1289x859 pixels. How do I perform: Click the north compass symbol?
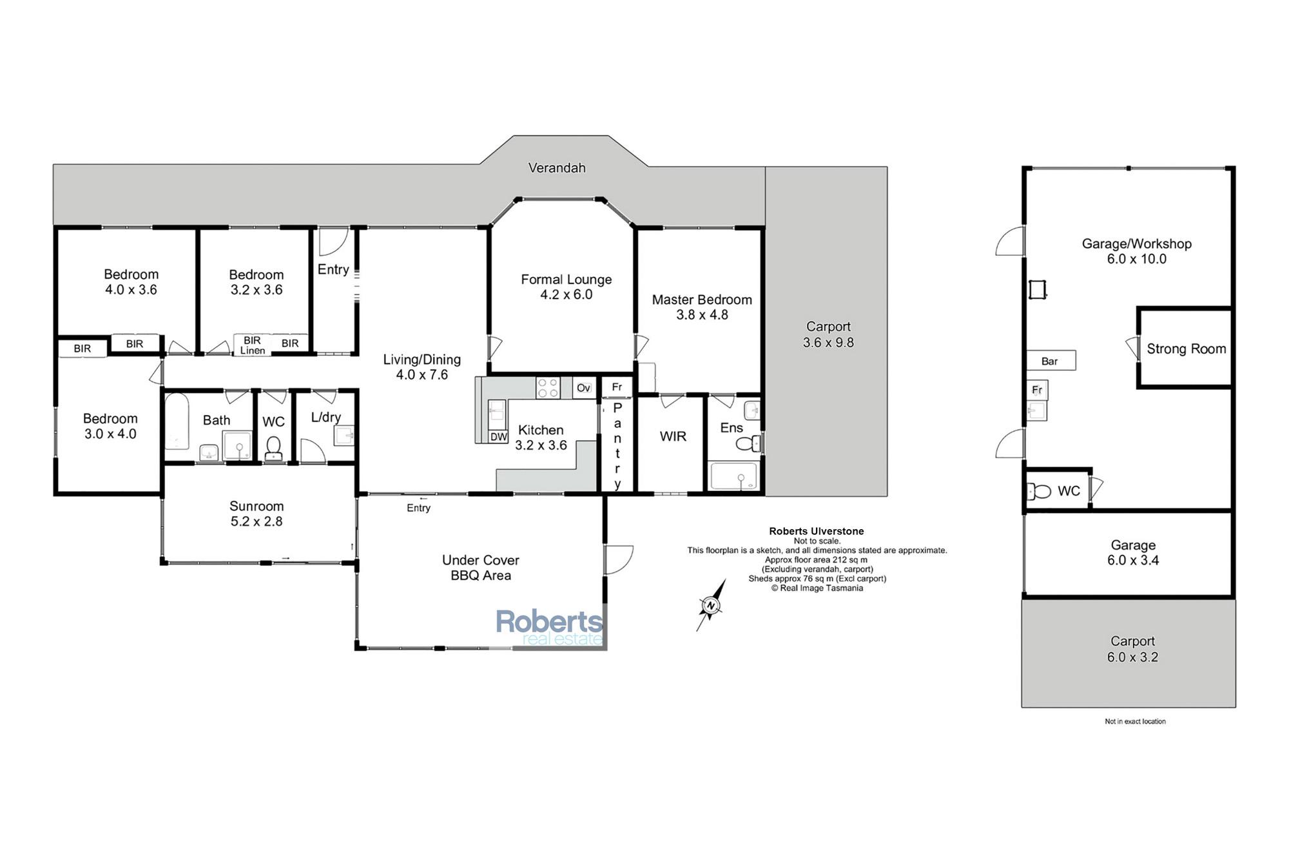[711, 605]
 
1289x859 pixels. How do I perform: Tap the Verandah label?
[557, 168]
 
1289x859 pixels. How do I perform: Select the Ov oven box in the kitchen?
[583, 388]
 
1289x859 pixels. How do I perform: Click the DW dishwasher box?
[499, 436]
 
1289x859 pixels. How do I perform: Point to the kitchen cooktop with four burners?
[548, 388]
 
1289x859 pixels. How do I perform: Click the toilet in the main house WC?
[273, 448]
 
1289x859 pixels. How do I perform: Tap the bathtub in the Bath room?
[177, 422]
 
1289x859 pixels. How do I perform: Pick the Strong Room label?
[1187, 349]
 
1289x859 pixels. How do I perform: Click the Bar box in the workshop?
[1051, 361]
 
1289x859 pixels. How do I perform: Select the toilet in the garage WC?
[1038, 492]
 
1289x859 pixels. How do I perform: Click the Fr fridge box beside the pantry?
[617, 387]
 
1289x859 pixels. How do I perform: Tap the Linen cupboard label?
[253, 351]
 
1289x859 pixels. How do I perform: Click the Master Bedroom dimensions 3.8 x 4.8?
[702, 315]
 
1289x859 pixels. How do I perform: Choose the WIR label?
[673, 436]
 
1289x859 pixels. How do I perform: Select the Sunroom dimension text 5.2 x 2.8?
[257, 521]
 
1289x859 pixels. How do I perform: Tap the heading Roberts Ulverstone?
[817, 532]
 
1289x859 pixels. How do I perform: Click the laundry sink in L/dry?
[344, 436]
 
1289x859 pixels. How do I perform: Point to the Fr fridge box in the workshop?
[1037, 390]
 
